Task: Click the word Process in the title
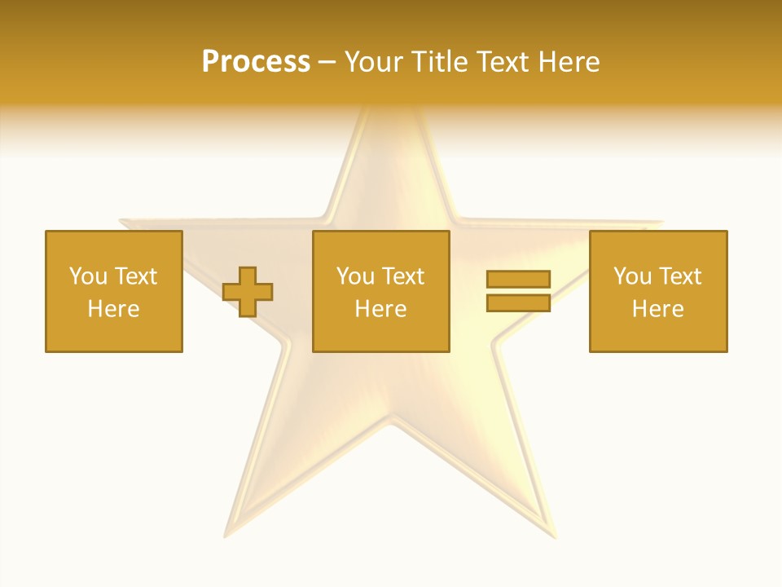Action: (x=256, y=62)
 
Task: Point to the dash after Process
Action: (x=327, y=63)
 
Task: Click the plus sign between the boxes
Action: (x=248, y=292)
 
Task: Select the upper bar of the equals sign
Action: (x=518, y=279)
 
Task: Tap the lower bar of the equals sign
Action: (x=518, y=302)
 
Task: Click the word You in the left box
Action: (x=88, y=276)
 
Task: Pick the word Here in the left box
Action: (x=114, y=309)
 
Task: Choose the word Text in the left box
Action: (x=135, y=276)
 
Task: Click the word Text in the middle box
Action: (x=402, y=276)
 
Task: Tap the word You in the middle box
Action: (x=355, y=276)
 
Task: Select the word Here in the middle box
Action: (x=381, y=309)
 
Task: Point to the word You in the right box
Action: (x=632, y=276)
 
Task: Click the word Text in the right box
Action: (x=679, y=276)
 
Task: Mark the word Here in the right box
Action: (x=658, y=309)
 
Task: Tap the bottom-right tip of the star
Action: (x=554, y=535)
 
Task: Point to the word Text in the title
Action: (x=503, y=62)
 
